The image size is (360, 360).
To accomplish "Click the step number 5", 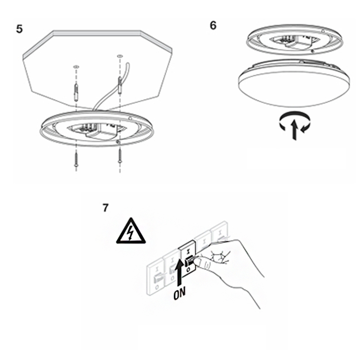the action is coord(20,29).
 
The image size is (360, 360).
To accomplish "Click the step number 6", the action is coord(213,25).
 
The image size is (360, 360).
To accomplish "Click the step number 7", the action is coord(106,208).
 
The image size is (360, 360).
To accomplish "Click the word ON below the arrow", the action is coord(180,293).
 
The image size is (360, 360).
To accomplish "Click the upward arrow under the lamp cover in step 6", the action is coord(294,130).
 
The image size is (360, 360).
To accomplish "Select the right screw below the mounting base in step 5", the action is coord(120,156).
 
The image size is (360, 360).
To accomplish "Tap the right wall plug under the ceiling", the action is coord(120,85).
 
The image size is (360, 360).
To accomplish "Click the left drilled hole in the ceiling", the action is coord(76,67).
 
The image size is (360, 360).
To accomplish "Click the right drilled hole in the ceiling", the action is coord(120,56).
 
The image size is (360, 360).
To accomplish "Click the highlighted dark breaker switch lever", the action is coord(189,261).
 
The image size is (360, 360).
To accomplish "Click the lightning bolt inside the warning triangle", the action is coord(131,232).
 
